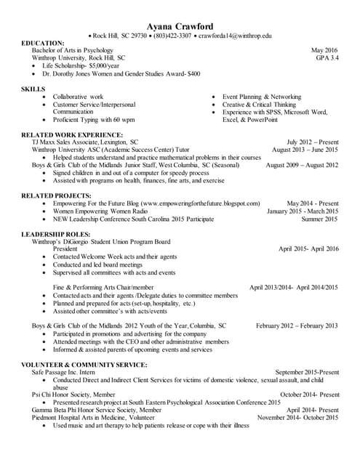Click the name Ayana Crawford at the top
click(180, 26)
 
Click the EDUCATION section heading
click(43, 43)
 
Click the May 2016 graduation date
click(325, 50)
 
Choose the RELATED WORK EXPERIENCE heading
click(72, 135)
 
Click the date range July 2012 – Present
click(313, 142)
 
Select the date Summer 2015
click(320, 218)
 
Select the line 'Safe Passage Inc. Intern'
click(63, 372)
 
